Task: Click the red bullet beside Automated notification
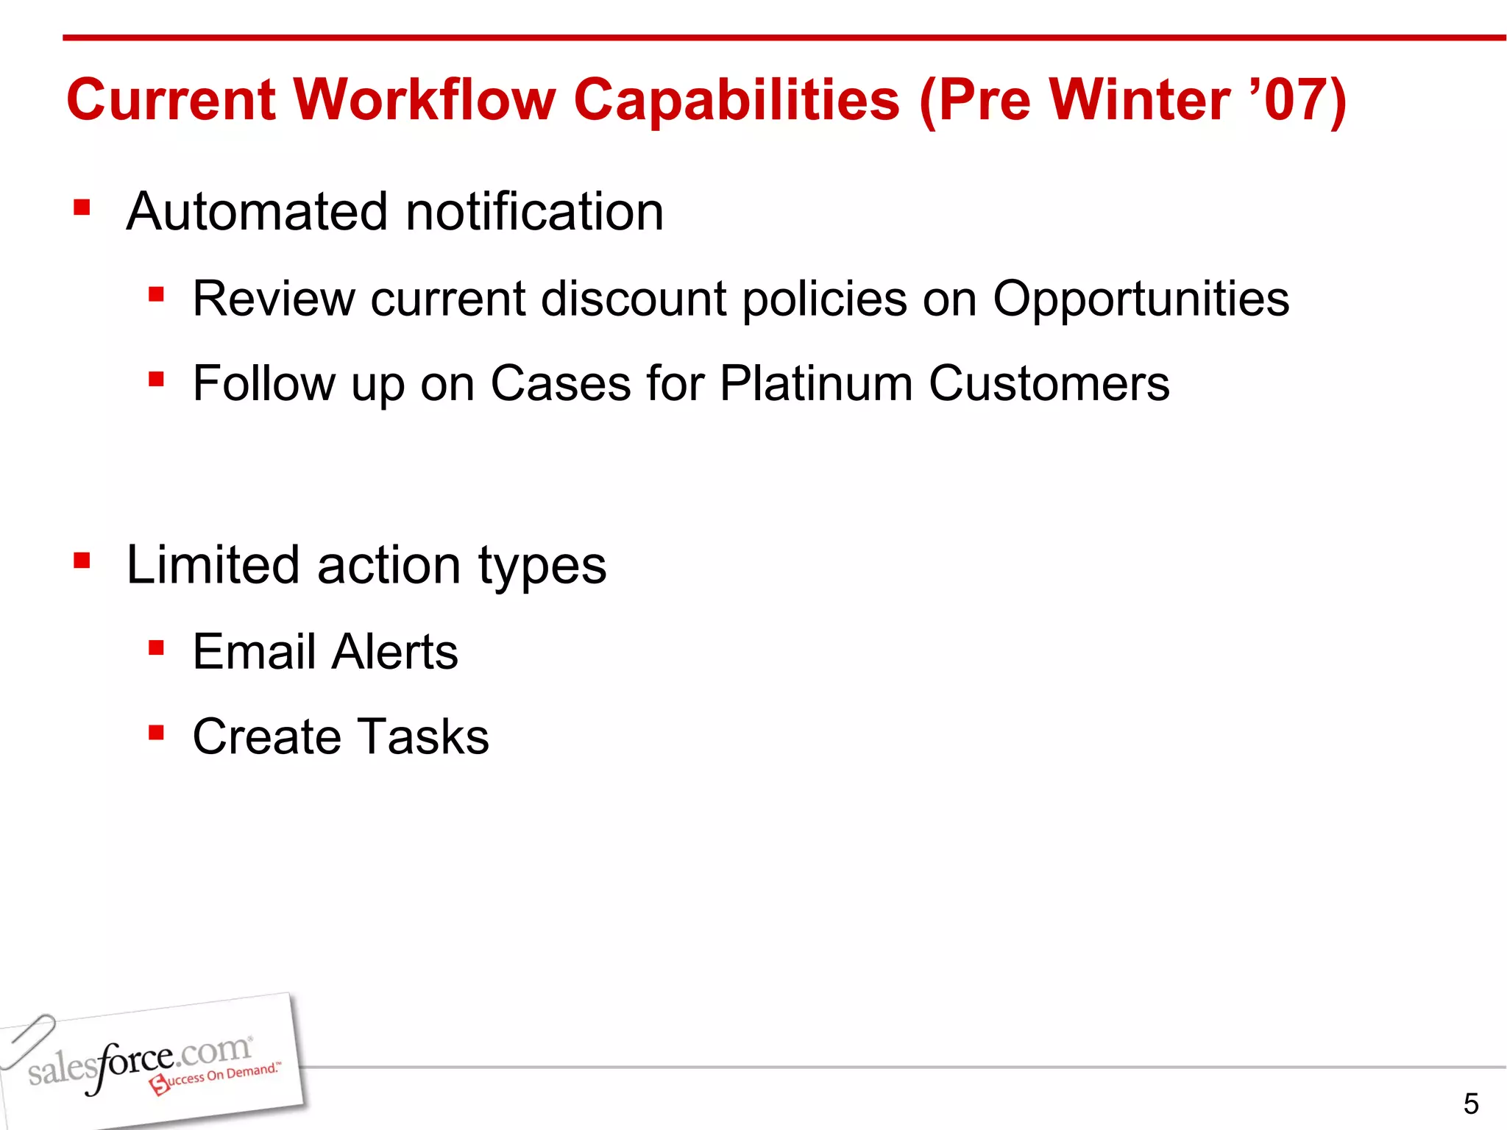click(82, 208)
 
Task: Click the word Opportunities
click(1141, 300)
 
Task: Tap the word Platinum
click(815, 383)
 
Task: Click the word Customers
click(1049, 383)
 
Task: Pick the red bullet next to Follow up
click(156, 380)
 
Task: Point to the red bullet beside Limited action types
click(82, 562)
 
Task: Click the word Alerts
click(395, 652)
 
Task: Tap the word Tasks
click(424, 736)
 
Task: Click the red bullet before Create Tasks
click(156, 733)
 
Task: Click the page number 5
click(1470, 1104)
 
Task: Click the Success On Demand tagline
click(217, 1077)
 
